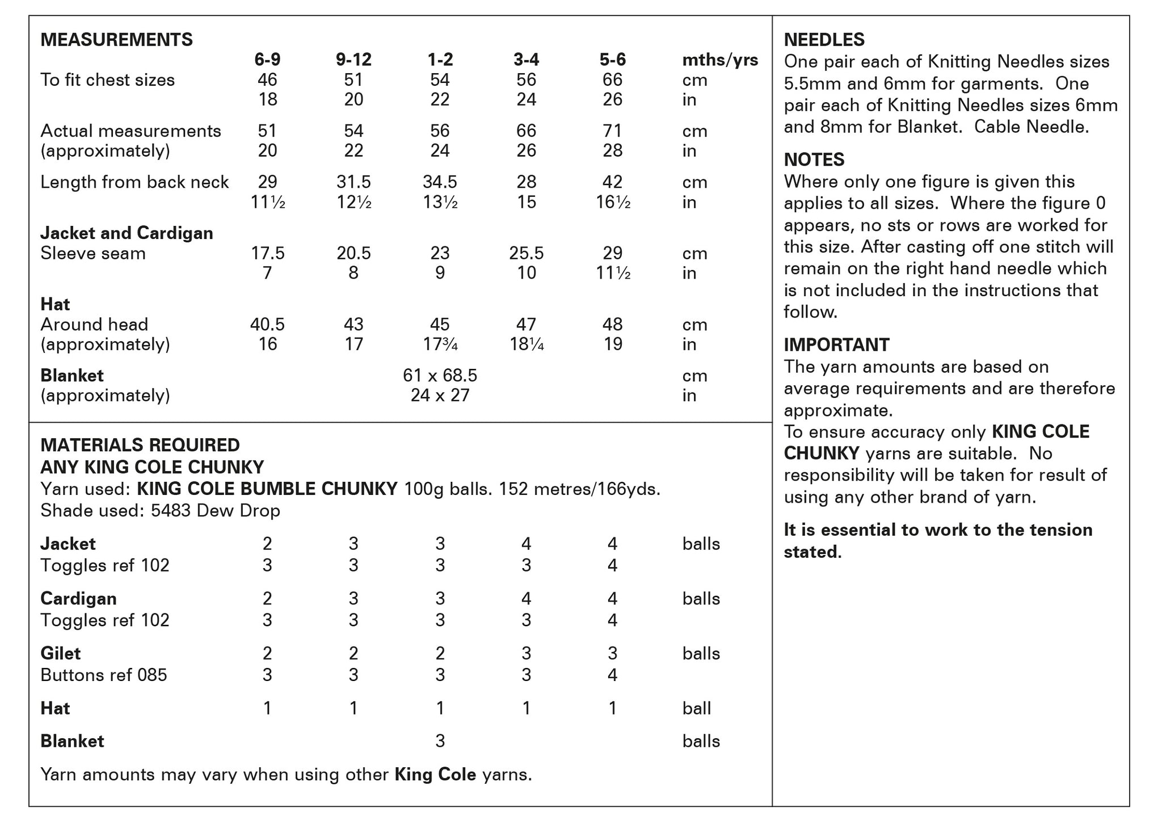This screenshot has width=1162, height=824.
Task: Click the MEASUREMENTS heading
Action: (116, 40)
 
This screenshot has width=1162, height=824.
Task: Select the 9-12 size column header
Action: (353, 60)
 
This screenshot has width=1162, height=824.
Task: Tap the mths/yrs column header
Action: (719, 60)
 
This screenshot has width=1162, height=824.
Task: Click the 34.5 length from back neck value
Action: (440, 182)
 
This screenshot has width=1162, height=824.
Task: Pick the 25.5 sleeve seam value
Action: (526, 253)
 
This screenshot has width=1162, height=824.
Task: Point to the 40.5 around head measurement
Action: (267, 325)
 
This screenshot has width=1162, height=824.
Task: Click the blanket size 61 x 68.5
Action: (440, 376)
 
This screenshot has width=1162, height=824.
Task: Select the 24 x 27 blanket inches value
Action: (440, 396)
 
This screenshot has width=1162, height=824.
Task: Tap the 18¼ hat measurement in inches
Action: (527, 344)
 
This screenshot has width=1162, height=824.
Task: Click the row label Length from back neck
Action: (134, 182)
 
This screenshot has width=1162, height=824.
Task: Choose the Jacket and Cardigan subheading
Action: (127, 233)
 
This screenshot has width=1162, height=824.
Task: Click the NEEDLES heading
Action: (824, 40)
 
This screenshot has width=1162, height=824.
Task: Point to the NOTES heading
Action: (814, 160)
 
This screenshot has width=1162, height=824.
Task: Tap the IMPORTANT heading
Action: (836, 345)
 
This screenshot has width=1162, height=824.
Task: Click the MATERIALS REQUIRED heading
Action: (140, 445)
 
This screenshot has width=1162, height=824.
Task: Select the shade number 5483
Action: (171, 511)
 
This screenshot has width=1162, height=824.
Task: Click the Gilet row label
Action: (61, 654)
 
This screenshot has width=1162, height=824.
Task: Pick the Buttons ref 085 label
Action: (104, 675)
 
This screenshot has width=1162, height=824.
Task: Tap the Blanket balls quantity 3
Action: (440, 741)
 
